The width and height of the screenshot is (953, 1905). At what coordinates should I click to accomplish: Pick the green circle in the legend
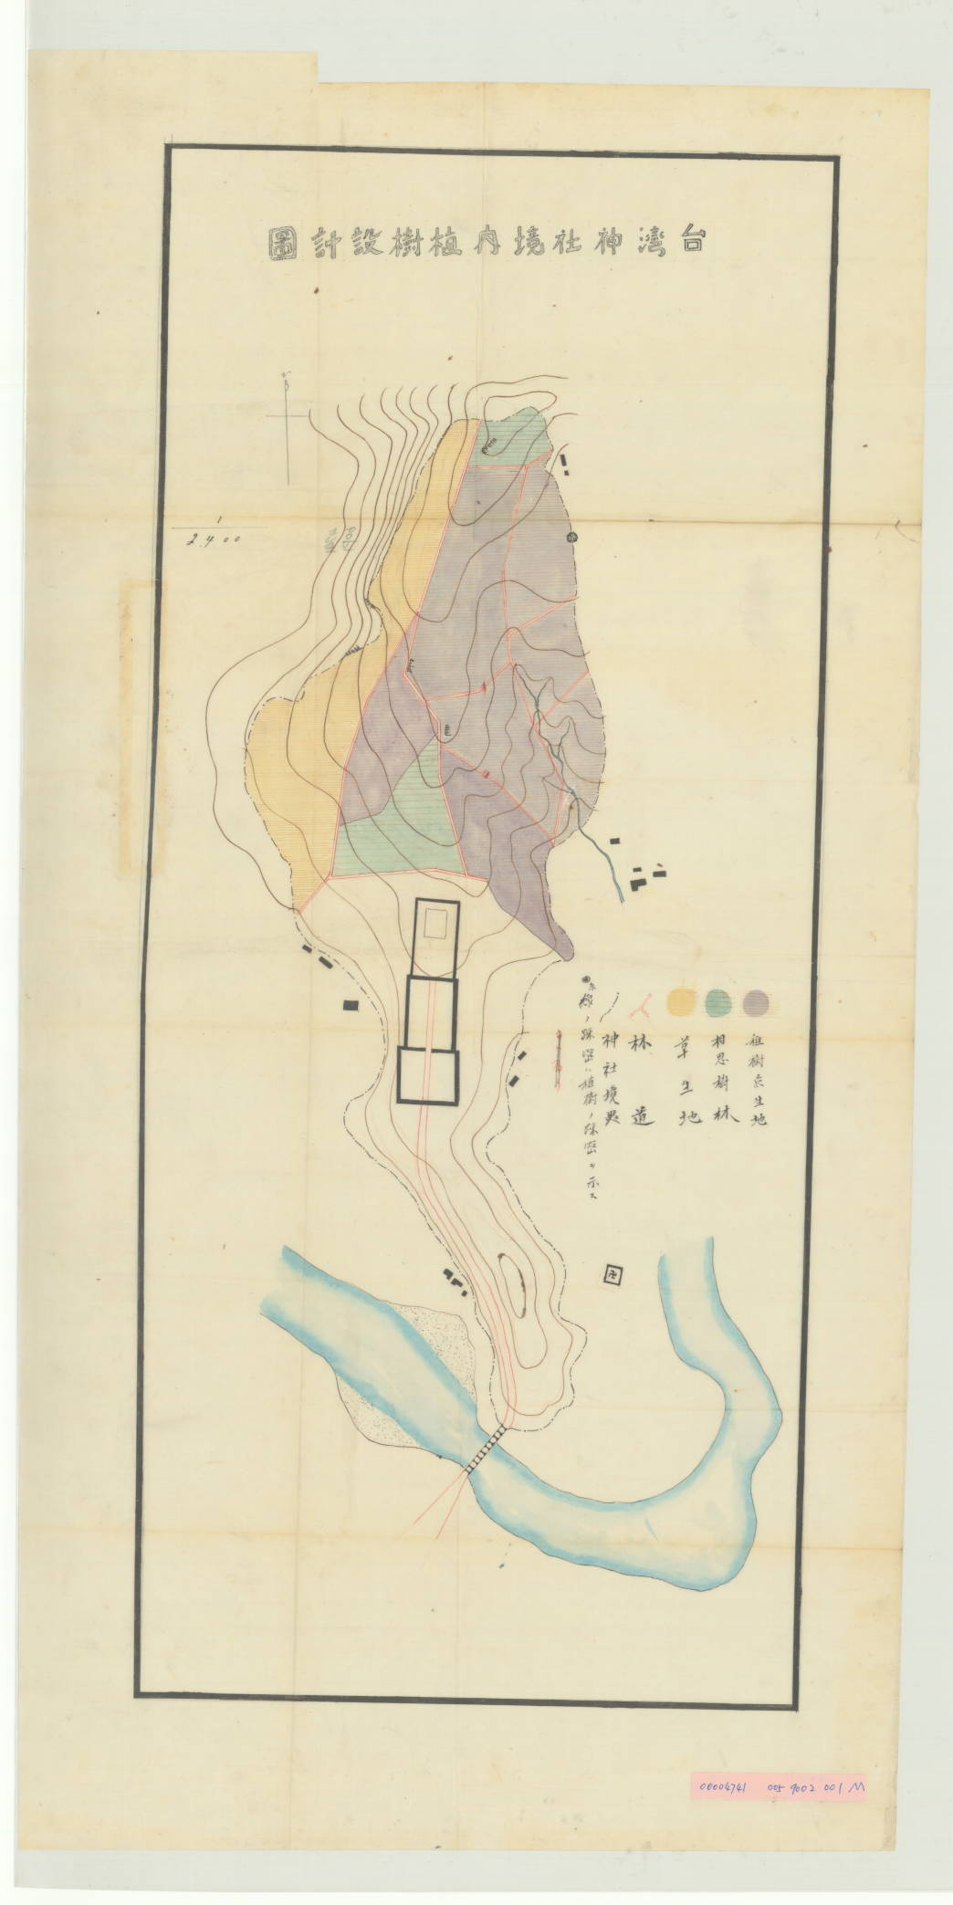pyautogui.click(x=718, y=1001)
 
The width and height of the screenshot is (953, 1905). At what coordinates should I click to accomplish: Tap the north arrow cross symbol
pyautogui.click(x=290, y=415)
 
